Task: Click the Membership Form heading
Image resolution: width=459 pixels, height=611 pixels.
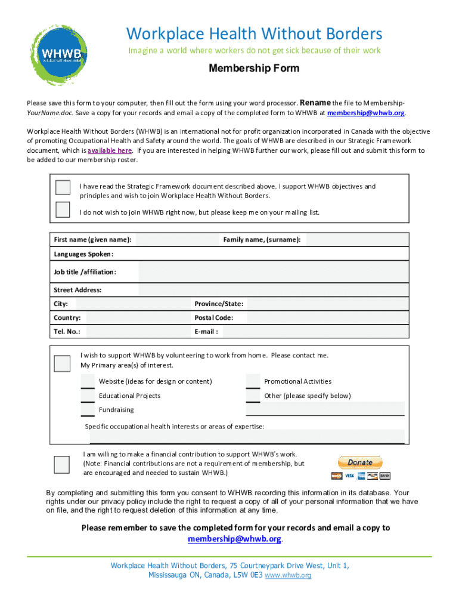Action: (x=253, y=68)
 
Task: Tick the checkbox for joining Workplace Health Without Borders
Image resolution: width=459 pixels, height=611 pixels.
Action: (x=63, y=187)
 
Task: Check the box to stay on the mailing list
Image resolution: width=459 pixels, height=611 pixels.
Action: (x=63, y=209)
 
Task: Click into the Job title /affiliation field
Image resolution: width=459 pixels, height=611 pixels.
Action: (x=273, y=272)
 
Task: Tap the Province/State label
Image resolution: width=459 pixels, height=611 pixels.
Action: (x=218, y=304)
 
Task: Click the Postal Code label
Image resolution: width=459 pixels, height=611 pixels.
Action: (x=213, y=318)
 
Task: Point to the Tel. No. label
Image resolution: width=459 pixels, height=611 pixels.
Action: (x=67, y=332)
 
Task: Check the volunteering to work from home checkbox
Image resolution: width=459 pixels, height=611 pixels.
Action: (x=61, y=363)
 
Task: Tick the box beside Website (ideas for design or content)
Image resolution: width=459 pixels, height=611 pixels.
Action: (x=88, y=382)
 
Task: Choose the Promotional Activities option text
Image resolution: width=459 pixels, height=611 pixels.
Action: (x=297, y=381)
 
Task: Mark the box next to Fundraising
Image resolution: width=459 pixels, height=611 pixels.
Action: (x=88, y=410)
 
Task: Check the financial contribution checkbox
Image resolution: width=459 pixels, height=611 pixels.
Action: (x=61, y=464)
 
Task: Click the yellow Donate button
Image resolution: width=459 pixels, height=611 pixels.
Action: (x=360, y=462)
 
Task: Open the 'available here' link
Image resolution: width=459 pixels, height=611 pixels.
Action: (x=110, y=150)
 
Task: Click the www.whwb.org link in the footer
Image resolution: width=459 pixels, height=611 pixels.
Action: (x=287, y=576)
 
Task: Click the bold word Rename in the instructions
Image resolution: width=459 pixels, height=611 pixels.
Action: (x=315, y=102)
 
